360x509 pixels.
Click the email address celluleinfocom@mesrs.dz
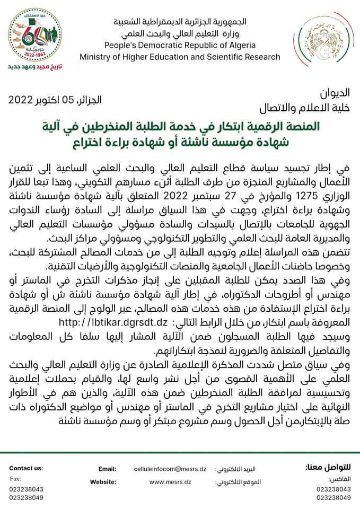click(x=170, y=469)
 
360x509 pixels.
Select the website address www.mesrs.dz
click(x=167, y=482)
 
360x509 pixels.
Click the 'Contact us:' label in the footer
click(x=26, y=468)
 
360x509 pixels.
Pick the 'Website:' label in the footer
click(x=103, y=482)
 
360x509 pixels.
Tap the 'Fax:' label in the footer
click(x=15, y=479)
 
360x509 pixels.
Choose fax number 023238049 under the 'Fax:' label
click(x=26, y=498)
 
